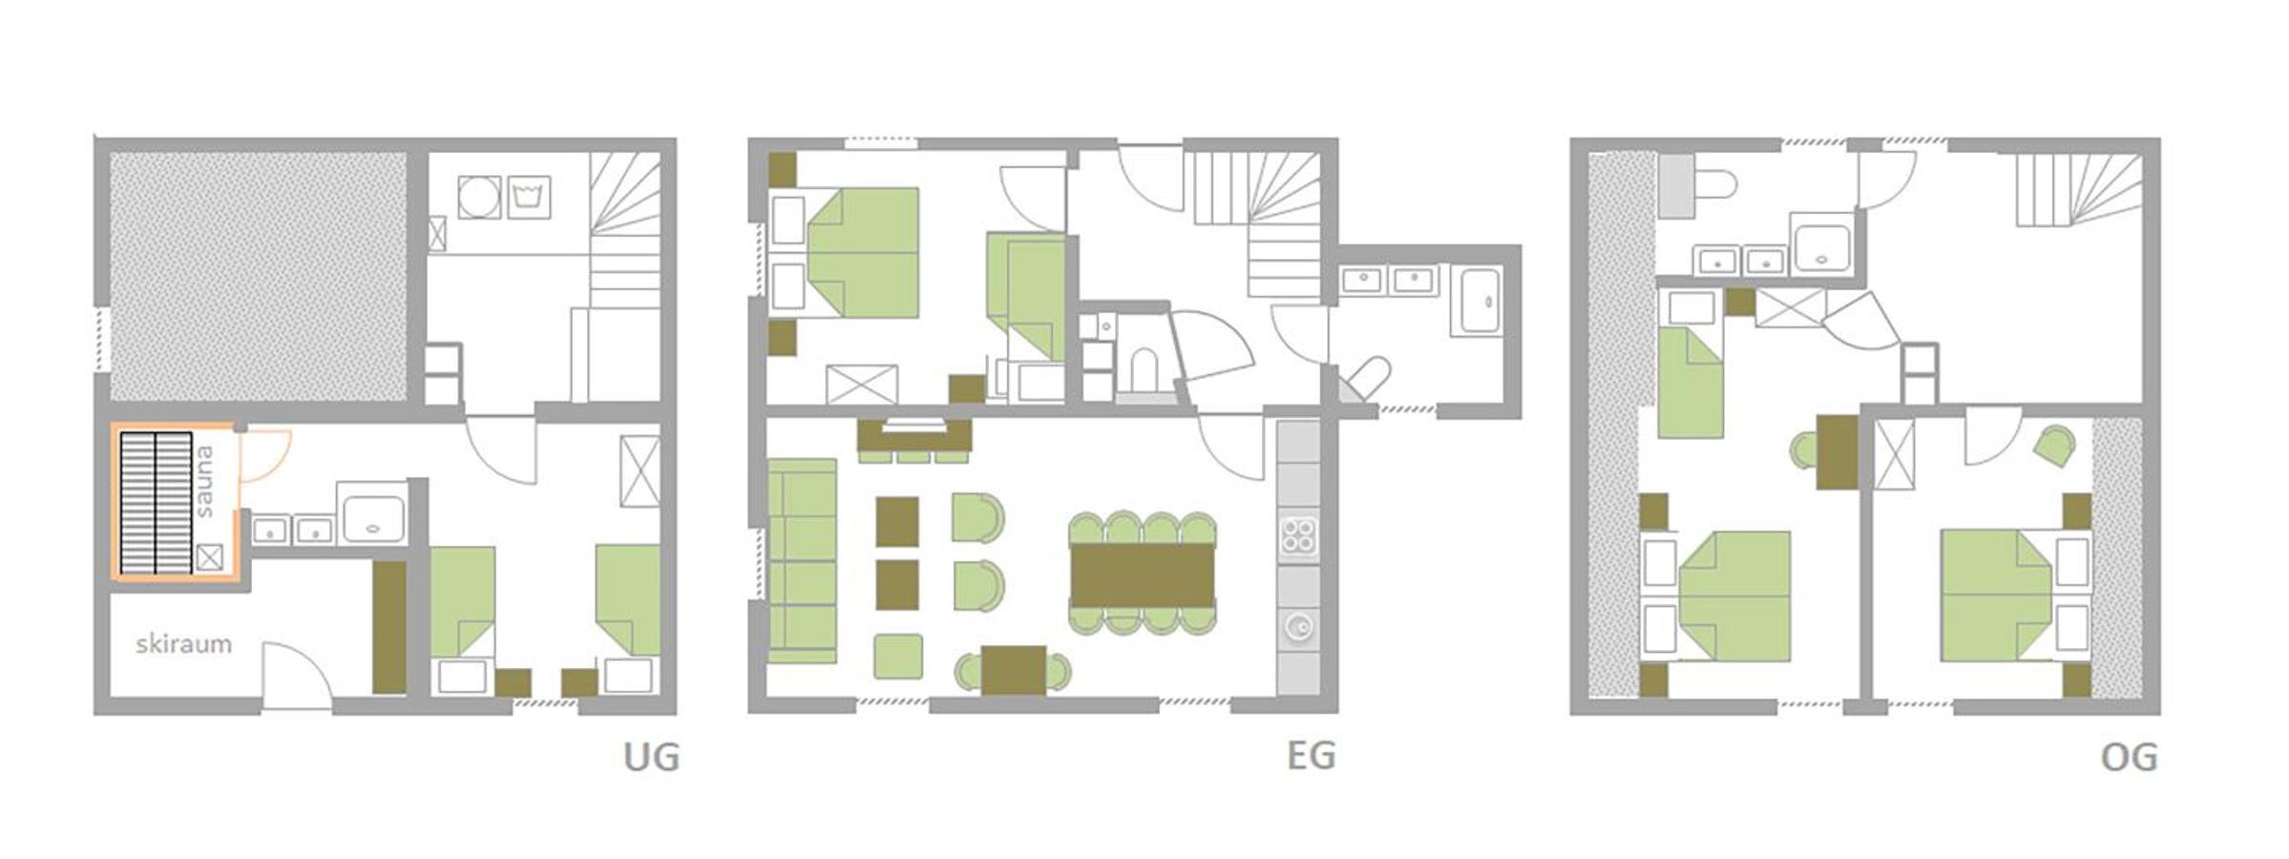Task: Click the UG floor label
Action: (651, 757)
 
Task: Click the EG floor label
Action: (1311, 755)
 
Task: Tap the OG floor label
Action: (2130, 757)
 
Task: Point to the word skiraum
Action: (183, 644)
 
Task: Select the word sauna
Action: (204, 482)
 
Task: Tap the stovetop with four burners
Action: (1298, 536)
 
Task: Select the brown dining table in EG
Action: (1143, 574)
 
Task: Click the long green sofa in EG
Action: (803, 561)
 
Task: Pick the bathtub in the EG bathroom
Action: (1480, 301)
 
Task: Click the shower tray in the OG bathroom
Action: (1823, 242)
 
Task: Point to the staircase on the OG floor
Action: (2078, 190)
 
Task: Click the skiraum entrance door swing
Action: (297, 676)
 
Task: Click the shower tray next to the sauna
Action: (372, 513)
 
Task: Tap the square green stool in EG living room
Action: (897, 657)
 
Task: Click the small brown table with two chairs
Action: (1013, 670)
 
